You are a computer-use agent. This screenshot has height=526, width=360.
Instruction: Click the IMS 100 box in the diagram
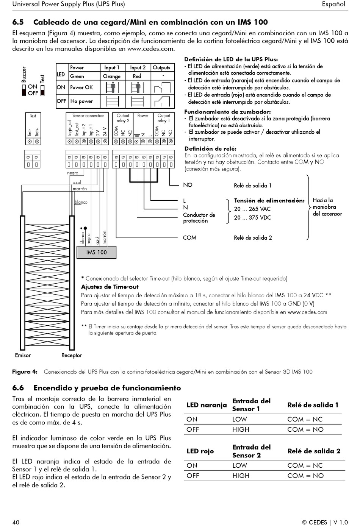coord(96,252)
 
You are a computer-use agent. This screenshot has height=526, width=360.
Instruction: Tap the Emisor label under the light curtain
coord(23,355)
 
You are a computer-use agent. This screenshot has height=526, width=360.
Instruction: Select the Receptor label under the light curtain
coord(72,355)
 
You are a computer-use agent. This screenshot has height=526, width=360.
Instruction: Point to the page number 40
coord(16,522)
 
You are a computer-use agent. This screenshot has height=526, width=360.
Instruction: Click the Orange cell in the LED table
coord(112,76)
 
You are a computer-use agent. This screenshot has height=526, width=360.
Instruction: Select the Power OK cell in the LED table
coord(81,87)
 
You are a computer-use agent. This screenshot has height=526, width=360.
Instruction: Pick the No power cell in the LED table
coord(81,101)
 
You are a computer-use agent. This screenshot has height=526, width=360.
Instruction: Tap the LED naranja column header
coord(207,405)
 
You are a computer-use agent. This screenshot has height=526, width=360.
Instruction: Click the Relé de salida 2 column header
coord(314,451)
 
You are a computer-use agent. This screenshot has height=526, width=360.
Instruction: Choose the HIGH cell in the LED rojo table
coord(241,476)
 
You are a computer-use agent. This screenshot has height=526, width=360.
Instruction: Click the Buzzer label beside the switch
coord(24,75)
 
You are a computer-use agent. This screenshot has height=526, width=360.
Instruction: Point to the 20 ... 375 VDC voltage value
coord(252,218)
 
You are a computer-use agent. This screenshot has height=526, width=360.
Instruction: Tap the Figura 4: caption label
coord(25,372)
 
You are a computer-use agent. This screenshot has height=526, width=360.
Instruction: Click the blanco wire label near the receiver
coord(81,202)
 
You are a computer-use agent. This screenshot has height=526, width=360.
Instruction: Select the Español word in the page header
coord(333,4)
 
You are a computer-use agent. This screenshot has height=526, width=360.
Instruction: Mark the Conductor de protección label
coord(199,218)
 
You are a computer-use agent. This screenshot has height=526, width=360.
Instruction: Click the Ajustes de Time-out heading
coord(110,287)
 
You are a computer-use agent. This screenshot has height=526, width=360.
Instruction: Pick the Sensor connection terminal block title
coord(88,116)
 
